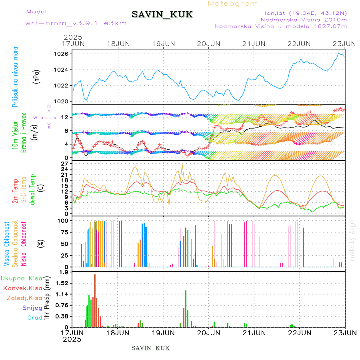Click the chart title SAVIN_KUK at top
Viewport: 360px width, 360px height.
(162, 15)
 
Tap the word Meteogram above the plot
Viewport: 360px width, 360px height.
(233, 4)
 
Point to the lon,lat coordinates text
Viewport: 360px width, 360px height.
(303, 13)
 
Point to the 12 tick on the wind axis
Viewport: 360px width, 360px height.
(66, 117)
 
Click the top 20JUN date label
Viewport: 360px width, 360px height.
(208, 44)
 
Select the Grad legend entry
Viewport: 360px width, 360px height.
(35, 318)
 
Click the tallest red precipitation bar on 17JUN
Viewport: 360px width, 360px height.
(95, 300)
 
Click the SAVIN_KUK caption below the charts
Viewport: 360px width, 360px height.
(150, 348)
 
